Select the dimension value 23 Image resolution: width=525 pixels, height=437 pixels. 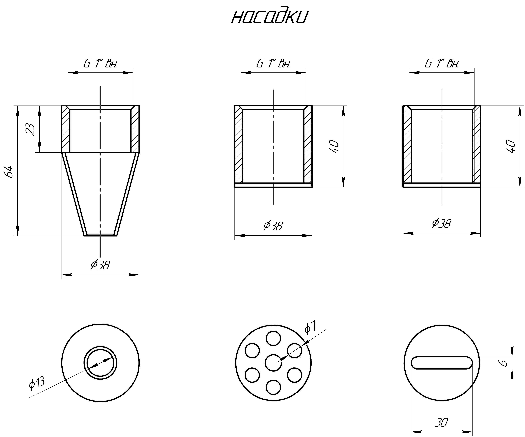coord(31,129)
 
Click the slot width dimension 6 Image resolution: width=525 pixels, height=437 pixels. coord(504,363)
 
